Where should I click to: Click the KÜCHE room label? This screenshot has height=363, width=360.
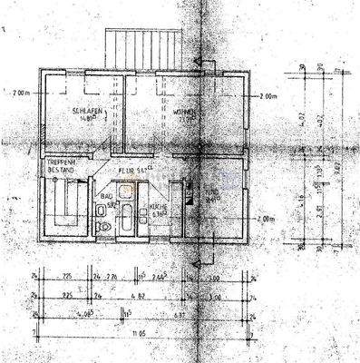tap(158, 208)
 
